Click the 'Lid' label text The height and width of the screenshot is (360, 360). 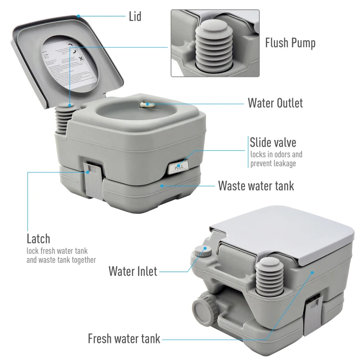(x=135, y=17)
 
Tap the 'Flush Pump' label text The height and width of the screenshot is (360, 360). (x=290, y=43)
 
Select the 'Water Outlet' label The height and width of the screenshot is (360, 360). (x=275, y=103)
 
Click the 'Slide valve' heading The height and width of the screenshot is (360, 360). (x=273, y=143)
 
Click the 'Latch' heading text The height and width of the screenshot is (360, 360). (x=38, y=238)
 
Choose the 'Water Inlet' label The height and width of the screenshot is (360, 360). (x=133, y=271)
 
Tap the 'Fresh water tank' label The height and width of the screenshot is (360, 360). (x=124, y=338)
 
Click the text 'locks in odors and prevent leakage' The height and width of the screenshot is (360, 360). (x=276, y=159)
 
